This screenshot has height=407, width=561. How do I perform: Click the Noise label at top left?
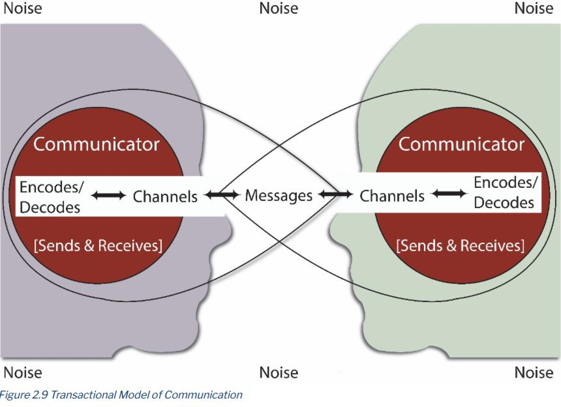point(23,8)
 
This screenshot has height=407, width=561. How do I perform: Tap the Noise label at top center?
point(279,8)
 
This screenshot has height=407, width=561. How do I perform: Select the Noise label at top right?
point(534,8)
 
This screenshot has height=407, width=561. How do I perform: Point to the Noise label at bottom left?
point(23,373)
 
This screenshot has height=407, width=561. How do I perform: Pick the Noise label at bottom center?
point(279,373)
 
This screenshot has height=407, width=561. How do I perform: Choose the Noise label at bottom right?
point(534,373)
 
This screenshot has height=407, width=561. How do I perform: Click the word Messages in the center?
point(279,196)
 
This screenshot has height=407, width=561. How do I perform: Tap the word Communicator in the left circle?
point(96,144)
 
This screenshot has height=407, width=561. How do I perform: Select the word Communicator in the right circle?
point(461,144)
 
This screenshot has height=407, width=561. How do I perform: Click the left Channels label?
point(165,196)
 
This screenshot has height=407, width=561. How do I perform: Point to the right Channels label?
point(392,196)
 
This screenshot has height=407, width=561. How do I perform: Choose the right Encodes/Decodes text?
point(505,193)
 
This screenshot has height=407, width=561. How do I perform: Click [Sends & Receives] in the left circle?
point(98,246)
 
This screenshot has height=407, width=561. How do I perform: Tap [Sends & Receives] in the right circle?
point(460,246)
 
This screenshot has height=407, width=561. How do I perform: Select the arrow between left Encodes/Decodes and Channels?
point(108,195)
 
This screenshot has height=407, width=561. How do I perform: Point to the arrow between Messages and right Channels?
point(335,194)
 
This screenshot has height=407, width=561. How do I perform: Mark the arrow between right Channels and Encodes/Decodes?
point(449,193)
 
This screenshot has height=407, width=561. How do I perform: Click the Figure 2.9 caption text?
point(121,395)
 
